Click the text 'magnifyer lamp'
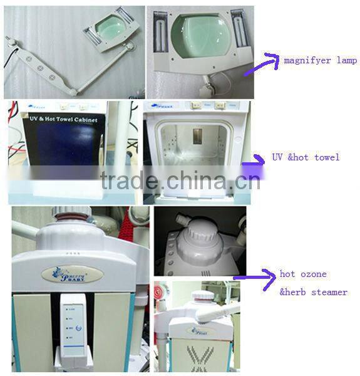point(320,60)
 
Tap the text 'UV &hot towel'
point(306,157)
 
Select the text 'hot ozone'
point(303,274)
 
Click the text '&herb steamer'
point(313,291)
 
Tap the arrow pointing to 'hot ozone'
point(253,275)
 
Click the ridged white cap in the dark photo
point(197,235)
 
